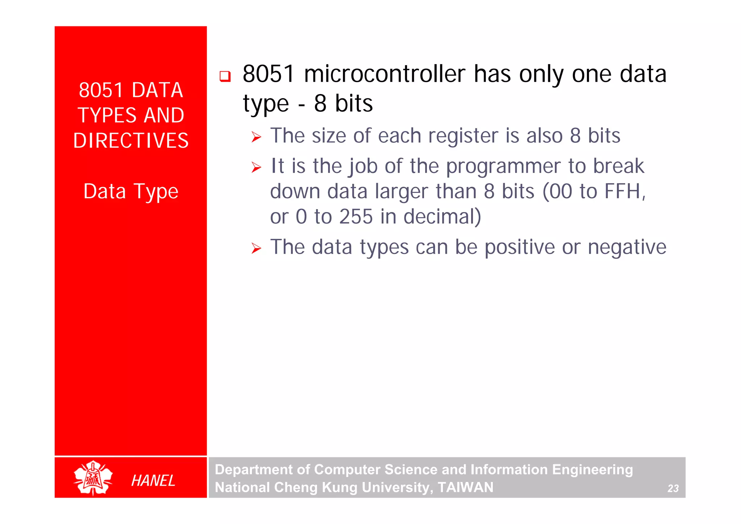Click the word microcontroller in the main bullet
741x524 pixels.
pyautogui.click(x=384, y=74)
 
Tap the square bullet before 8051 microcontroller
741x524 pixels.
pyautogui.click(x=225, y=76)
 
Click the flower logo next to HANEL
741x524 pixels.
pyautogui.click(x=93, y=478)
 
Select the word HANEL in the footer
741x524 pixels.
pyautogui.click(x=153, y=481)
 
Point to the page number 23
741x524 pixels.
pyautogui.click(x=673, y=489)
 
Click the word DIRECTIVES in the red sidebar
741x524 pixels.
pyautogui.click(x=131, y=141)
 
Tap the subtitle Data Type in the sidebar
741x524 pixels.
pyautogui.click(x=131, y=191)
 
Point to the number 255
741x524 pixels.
pyautogui.click(x=356, y=217)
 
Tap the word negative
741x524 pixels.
pyautogui.click(x=627, y=247)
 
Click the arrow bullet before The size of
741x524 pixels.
pyautogui.click(x=256, y=137)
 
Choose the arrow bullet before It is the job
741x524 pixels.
pyautogui.click(x=256, y=168)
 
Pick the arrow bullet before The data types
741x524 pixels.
pyautogui.click(x=256, y=249)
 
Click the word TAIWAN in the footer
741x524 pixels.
pyautogui.click(x=465, y=487)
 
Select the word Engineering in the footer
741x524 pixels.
pyautogui.click(x=592, y=470)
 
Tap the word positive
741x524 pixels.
pyautogui.click(x=519, y=247)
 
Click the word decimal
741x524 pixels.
pyautogui.click(x=442, y=217)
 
